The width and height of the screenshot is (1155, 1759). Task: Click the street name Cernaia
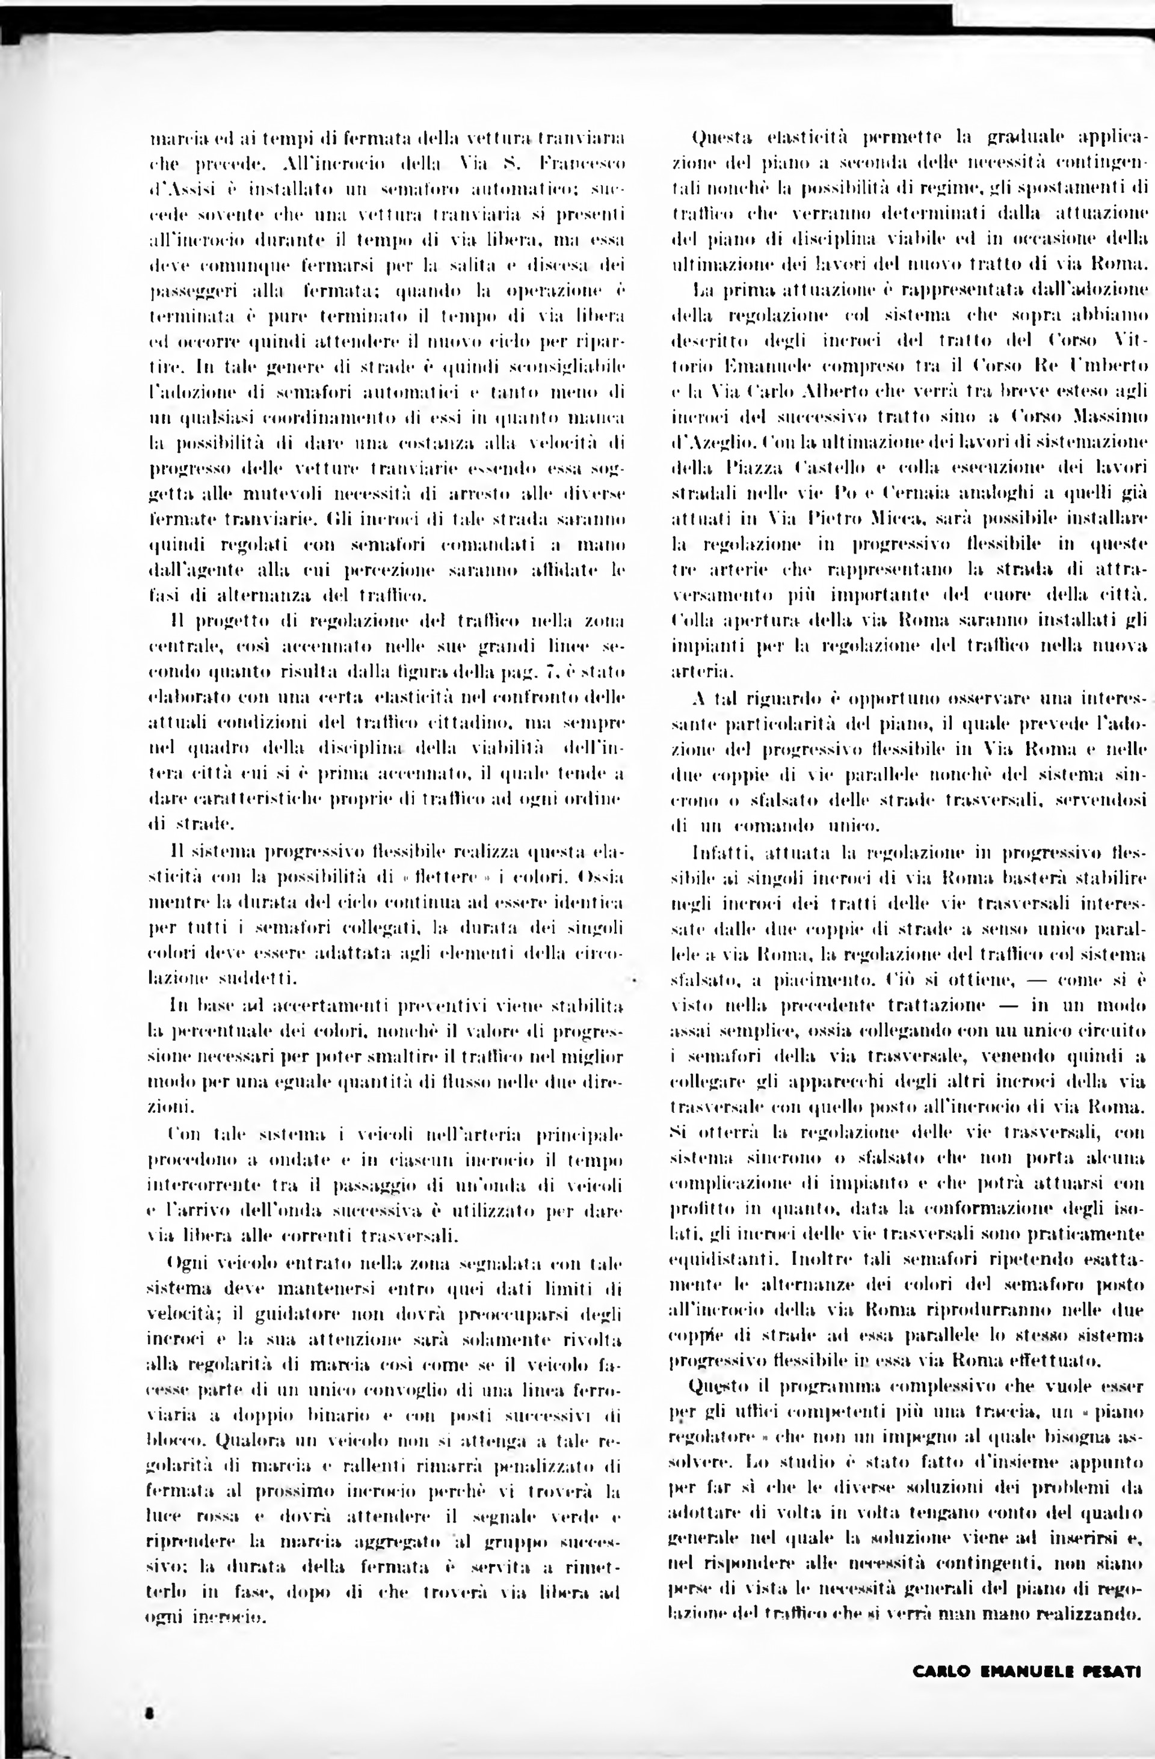(890, 493)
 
